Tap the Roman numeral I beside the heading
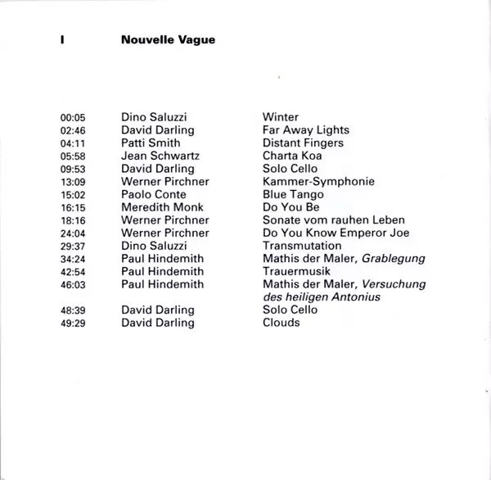click(62, 38)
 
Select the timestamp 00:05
click(74, 117)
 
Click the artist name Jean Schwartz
click(160, 156)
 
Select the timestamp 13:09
click(74, 182)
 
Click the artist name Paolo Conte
click(153, 195)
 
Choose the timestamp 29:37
click(74, 246)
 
